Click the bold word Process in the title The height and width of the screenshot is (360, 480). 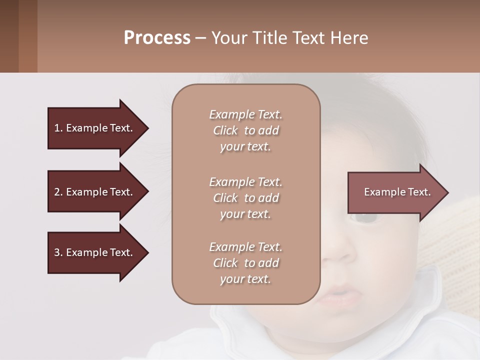pos(157,38)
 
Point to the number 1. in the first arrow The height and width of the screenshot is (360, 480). pos(58,128)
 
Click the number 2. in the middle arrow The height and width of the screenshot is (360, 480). pos(58,192)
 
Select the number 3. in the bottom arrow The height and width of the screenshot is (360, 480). pos(58,252)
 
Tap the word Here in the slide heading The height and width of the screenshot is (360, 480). pos(350,38)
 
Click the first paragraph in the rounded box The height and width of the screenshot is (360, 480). pos(245,130)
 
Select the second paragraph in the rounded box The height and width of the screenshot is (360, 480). pos(245,198)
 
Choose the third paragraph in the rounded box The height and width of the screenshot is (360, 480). pos(245,263)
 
